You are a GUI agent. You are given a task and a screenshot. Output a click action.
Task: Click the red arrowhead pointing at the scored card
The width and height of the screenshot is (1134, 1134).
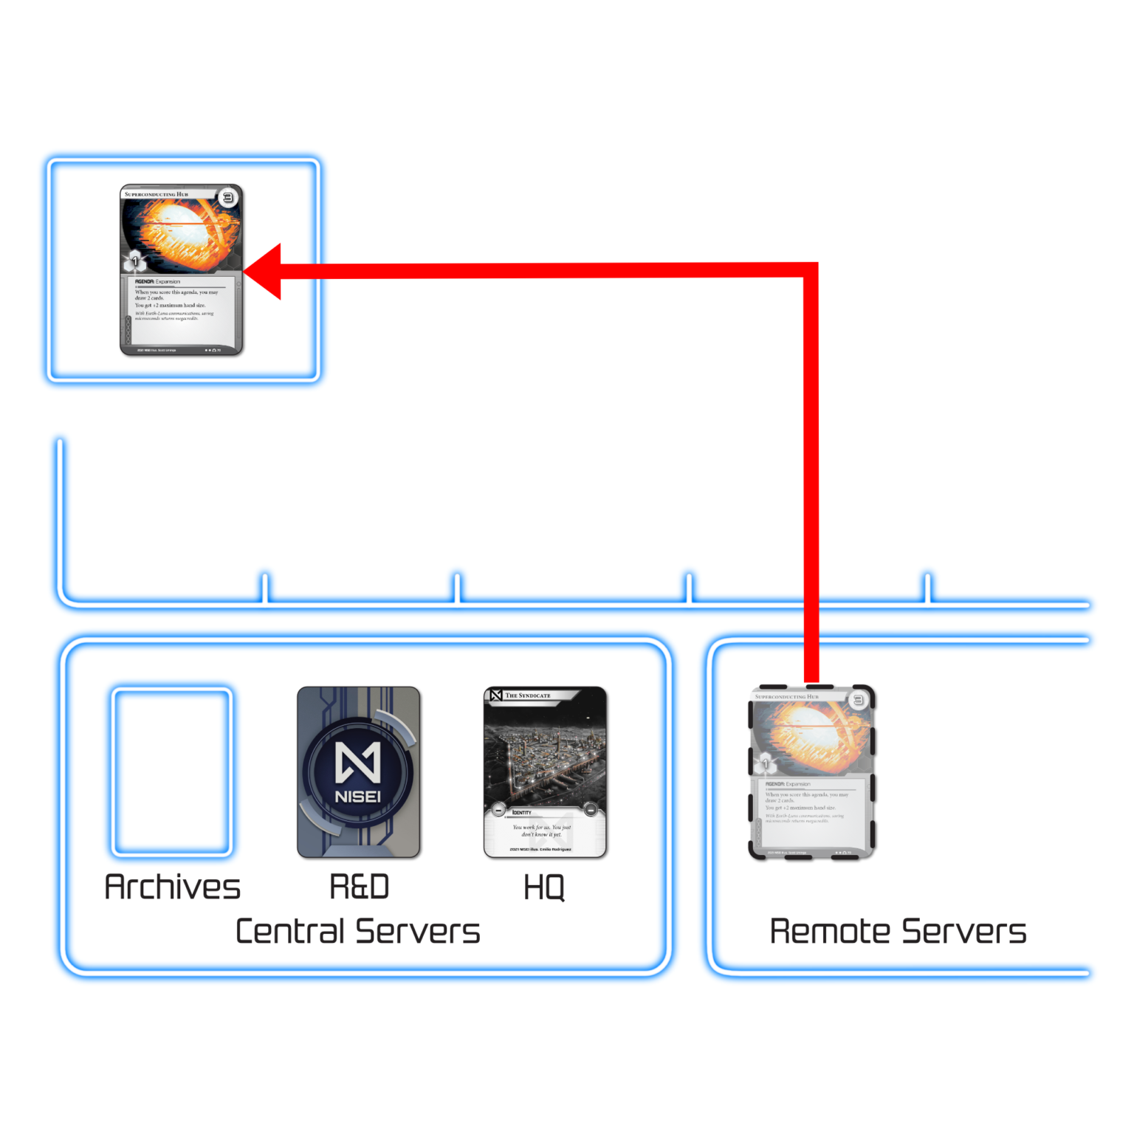pyautogui.click(x=264, y=272)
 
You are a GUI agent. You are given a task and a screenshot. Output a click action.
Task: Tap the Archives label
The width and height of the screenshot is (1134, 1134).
pyautogui.click(x=173, y=887)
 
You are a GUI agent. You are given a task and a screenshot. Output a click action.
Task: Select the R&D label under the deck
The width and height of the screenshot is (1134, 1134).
pyautogui.click(x=359, y=887)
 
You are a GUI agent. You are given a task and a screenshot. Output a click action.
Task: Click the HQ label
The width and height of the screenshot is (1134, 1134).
pyautogui.click(x=544, y=887)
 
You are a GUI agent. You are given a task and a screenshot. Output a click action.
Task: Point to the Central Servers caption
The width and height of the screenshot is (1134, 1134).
pyautogui.click(x=358, y=932)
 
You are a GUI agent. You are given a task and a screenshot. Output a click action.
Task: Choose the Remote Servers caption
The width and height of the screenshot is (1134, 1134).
pyautogui.click(x=898, y=932)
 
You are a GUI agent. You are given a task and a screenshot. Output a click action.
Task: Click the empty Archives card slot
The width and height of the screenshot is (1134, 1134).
pyautogui.click(x=172, y=772)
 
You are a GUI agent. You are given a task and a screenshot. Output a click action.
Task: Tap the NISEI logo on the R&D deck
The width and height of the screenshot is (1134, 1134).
pyautogui.click(x=359, y=772)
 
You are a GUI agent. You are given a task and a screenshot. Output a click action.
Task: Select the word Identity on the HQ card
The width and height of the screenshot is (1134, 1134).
pyautogui.click(x=522, y=812)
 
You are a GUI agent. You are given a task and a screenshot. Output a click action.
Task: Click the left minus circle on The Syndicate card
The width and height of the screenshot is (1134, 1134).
pyautogui.click(x=498, y=811)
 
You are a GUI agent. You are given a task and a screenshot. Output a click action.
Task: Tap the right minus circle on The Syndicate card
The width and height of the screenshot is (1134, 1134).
pyautogui.click(x=591, y=811)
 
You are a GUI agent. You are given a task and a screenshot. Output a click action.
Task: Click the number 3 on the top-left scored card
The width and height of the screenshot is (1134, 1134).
pyautogui.click(x=227, y=197)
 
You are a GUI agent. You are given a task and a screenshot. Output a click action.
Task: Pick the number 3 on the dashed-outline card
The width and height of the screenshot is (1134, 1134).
pyautogui.click(x=858, y=700)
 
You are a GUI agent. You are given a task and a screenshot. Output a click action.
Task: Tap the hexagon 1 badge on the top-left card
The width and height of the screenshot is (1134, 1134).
pyautogui.click(x=134, y=261)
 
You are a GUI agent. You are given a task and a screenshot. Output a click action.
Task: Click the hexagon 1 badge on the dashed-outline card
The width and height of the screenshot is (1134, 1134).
pyautogui.click(x=765, y=763)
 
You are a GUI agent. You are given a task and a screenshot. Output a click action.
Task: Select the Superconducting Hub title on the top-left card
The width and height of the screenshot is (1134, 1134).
pyautogui.click(x=157, y=194)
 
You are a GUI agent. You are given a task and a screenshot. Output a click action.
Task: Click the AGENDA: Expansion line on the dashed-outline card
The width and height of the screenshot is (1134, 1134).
pyautogui.click(x=788, y=784)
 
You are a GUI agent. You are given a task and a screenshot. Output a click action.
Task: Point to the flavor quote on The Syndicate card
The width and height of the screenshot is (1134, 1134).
pyautogui.click(x=542, y=831)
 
